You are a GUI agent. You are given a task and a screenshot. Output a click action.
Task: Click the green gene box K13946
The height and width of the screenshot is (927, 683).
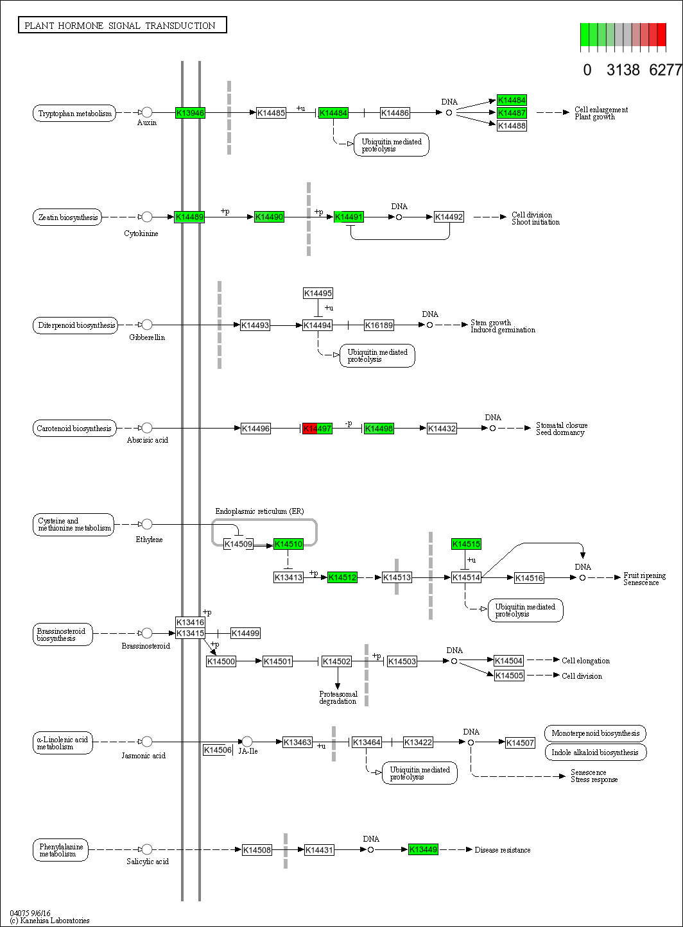(x=190, y=113)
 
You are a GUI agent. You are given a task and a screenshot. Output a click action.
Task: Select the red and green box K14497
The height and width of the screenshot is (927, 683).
(x=317, y=429)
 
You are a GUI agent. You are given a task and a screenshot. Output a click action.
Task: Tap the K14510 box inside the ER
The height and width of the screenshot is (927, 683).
(x=288, y=545)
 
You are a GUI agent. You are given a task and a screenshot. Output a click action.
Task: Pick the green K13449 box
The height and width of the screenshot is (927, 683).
(x=423, y=849)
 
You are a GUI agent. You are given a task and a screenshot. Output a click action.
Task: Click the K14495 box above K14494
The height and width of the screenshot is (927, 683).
(x=318, y=293)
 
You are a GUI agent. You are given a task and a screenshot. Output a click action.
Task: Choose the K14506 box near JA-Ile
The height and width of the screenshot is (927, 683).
(x=217, y=750)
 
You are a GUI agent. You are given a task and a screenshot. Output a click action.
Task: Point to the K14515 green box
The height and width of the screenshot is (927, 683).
(x=466, y=544)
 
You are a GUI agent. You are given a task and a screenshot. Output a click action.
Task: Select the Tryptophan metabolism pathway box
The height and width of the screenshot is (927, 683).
(x=74, y=114)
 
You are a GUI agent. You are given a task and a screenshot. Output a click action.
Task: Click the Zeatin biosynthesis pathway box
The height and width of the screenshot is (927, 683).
(x=67, y=217)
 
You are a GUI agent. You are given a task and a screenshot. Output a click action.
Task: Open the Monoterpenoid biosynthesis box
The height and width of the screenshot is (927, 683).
(x=595, y=733)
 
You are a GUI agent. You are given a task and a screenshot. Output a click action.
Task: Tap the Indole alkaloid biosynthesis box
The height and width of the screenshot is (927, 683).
(x=595, y=752)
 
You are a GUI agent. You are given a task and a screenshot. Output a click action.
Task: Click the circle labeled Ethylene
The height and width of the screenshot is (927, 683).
(x=146, y=524)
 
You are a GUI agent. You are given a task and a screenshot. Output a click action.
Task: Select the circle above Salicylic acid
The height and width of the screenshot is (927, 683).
(x=146, y=849)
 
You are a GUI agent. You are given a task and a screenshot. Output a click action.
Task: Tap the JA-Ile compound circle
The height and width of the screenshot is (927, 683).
(x=247, y=742)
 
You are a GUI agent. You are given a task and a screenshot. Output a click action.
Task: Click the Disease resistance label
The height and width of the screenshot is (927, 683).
(x=503, y=850)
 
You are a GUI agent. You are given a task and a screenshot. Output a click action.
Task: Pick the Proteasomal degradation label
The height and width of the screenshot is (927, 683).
(x=338, y=697)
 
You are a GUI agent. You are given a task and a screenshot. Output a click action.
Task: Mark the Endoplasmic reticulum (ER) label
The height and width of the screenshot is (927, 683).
(x=259, y=511)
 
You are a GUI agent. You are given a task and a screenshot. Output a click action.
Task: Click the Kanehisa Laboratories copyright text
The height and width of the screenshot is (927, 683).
(x=50, y=921)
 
